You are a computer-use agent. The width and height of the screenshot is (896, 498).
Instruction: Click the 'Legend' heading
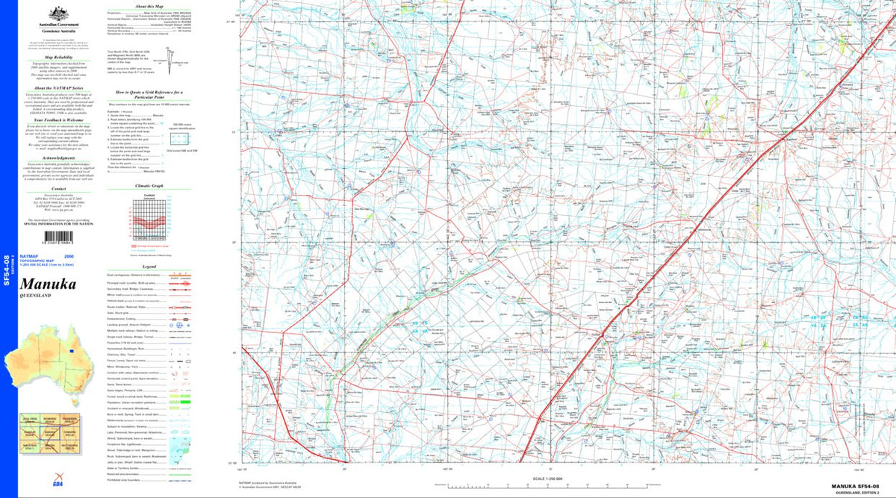(149, 267)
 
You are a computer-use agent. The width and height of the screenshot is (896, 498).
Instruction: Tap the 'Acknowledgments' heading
(57, 158)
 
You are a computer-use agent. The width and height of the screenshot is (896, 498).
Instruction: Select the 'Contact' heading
(57, 190)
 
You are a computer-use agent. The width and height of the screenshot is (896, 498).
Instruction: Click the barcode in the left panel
(57, 235)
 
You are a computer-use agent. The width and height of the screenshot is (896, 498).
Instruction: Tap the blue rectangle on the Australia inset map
(72, 350)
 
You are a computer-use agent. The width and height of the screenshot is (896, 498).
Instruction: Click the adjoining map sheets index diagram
(49, 433)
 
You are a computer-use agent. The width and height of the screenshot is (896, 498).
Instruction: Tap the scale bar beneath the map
(548, 486)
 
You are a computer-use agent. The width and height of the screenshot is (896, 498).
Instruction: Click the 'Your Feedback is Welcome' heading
(57, 119)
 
